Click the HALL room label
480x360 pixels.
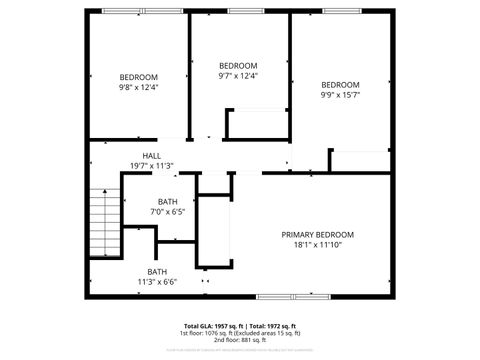pos(152,156)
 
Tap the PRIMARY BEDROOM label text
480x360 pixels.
pos(317,234)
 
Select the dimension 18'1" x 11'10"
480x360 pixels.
pos(317,244)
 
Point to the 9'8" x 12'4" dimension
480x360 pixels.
pos(139,87)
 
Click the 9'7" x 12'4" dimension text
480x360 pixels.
pos(238,76)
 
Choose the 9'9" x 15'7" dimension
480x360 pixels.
pos(340,95)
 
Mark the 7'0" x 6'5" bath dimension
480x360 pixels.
pos(167,212)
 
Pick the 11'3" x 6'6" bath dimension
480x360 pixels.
pos(158,282)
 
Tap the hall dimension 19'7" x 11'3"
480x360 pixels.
pos(152,166)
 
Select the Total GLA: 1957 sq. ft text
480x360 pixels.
pos(214,326)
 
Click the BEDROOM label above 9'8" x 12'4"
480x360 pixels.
pos(139,77)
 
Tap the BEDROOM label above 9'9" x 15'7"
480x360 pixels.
pos(340,85)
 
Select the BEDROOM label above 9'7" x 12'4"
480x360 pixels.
pos(238,66)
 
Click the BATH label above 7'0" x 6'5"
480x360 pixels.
pos(167,202)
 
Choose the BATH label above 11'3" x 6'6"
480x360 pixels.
pos(158,272)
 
